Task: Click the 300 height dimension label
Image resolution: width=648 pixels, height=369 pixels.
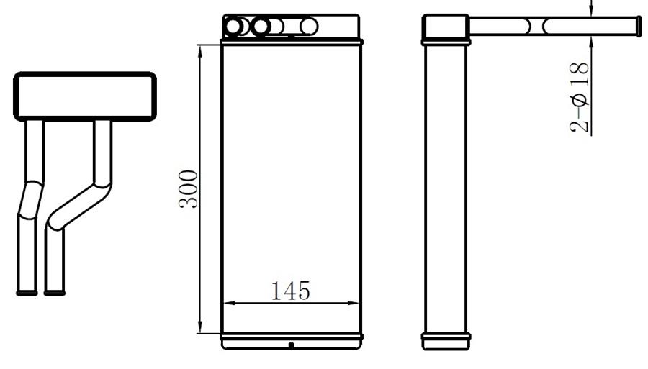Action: click(189, 189)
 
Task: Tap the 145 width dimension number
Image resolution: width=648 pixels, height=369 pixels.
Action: click(291, 291)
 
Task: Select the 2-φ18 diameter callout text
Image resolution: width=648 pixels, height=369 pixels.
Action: click(579, 97)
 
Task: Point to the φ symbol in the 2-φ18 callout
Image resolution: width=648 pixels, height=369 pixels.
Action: click(579, 100)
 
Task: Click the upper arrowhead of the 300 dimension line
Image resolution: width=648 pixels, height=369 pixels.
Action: click(200, 51)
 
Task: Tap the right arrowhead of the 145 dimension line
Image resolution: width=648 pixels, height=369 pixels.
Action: click(353, 303)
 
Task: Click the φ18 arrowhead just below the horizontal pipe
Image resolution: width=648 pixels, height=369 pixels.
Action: click(591, 42)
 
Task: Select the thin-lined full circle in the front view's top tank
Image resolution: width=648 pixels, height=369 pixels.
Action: click(309, 27)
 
